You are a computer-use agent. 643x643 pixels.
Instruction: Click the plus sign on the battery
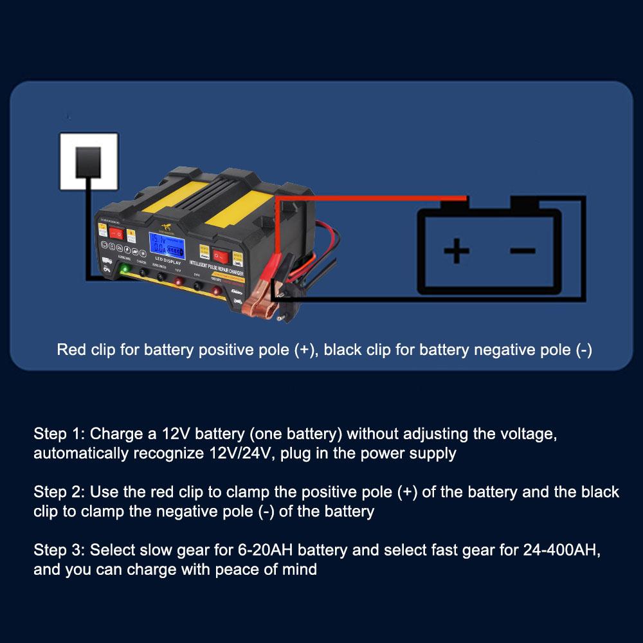[457, 250]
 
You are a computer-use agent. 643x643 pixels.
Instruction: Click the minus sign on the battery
[522, 249]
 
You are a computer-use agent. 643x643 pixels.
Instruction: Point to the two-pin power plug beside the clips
[281, 302]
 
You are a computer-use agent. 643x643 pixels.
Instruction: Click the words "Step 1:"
[59, 433]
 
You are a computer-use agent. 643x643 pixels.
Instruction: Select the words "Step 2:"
[59, 493]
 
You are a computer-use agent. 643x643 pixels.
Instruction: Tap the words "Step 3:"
[59, 550]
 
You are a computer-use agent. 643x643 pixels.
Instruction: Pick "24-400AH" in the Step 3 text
[565, 550]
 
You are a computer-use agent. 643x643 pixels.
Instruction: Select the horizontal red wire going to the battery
[373, 199]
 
